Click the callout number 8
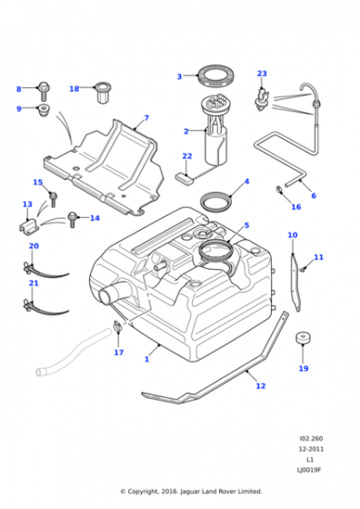[18, 89]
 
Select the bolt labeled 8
[42, 89]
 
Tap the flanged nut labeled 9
[42, 110]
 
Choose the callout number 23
[262, 74]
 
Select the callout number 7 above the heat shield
[145, 118]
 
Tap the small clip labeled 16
[278, 191]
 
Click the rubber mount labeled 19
[303, 341]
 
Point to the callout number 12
[261, 386]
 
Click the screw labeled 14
[73, 218]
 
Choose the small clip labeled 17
[117, 326]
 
